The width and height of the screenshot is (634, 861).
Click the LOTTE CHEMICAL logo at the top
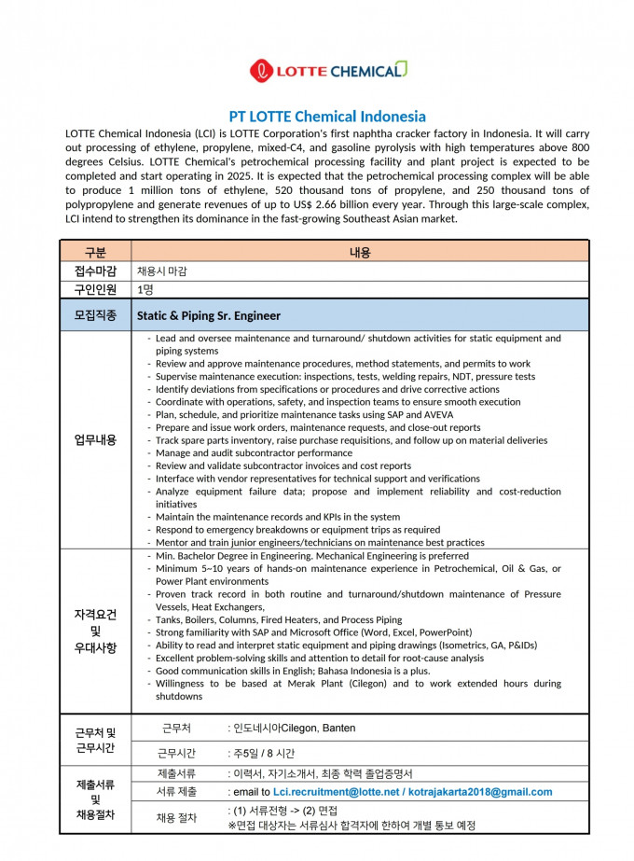(x=327, y=71)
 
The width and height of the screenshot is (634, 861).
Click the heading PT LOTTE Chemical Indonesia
(x=327, y=117)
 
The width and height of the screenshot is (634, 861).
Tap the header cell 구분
(x=95, y=252)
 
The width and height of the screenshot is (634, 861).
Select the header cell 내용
(x=360, y=252)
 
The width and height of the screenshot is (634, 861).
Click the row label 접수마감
(x=95, y=271)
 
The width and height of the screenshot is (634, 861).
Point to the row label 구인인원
(x=95, y=289)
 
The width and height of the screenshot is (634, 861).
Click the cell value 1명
(x=145, y=289)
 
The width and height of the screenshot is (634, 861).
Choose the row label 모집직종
(x=95, y=315)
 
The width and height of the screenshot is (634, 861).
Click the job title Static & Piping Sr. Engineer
(x=209, y=315)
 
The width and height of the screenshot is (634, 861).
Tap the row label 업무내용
(x=95, y=439)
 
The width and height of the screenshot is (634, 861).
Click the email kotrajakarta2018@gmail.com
(x=479, y=792)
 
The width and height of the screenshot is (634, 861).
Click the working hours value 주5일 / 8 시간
(x=264, y=752)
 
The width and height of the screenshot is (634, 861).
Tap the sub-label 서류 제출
(x=177, y=792)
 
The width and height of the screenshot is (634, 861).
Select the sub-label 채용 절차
(x=177, y=818)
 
